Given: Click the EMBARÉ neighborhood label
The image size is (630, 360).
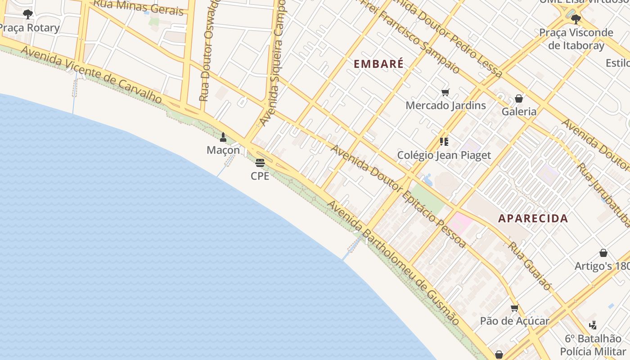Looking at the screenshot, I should coord(378,64).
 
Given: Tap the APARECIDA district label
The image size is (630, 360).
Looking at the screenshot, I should coord(533,219).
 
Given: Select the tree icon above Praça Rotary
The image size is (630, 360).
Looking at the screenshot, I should coord(28,14).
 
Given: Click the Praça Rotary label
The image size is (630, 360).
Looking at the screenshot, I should coord(30,28).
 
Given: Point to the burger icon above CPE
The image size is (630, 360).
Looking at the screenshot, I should coord(260,162).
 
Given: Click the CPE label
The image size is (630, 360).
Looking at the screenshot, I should coord(260,176).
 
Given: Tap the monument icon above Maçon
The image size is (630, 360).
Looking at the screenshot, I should coord(223,137).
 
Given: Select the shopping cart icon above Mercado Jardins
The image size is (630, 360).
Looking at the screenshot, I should coord(445,93).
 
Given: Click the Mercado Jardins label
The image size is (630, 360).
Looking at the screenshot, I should coord(445,105).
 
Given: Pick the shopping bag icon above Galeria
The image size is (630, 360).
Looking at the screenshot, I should coord(519,99).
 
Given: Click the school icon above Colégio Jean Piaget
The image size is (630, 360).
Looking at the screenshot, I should coord(444,142).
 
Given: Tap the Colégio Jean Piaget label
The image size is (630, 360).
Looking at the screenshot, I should coord(444,155).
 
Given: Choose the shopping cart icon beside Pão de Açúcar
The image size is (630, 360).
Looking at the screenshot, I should coord(515,308).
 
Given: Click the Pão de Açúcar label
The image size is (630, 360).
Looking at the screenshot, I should coord(514,321).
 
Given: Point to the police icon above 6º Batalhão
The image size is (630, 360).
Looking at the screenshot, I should coord(593,325).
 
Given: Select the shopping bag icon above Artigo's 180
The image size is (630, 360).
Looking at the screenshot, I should coord(603,253).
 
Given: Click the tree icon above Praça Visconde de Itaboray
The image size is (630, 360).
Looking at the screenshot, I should coord(576,19).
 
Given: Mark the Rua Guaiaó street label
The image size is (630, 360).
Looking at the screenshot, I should coord(530,265).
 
